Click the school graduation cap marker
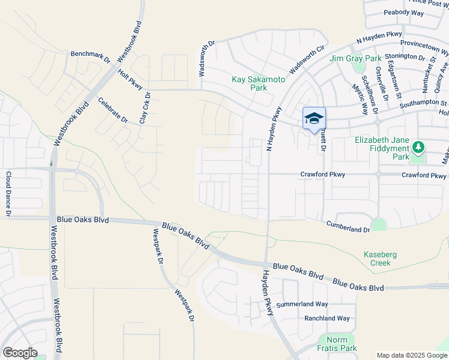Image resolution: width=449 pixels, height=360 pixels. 314,119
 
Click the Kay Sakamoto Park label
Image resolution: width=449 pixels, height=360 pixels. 250,83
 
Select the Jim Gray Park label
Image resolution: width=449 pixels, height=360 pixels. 355,58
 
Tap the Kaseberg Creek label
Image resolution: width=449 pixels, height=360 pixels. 381,259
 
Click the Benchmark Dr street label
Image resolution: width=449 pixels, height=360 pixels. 91,54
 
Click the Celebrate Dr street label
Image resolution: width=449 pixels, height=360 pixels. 113,110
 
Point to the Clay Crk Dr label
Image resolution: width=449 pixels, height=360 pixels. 143,108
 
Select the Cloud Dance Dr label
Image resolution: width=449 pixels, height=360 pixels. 8,194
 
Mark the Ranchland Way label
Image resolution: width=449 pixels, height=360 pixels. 327,318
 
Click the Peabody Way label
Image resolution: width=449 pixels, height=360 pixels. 403,12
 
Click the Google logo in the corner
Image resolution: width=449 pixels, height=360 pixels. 20,353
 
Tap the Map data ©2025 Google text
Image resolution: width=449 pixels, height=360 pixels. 411,355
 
